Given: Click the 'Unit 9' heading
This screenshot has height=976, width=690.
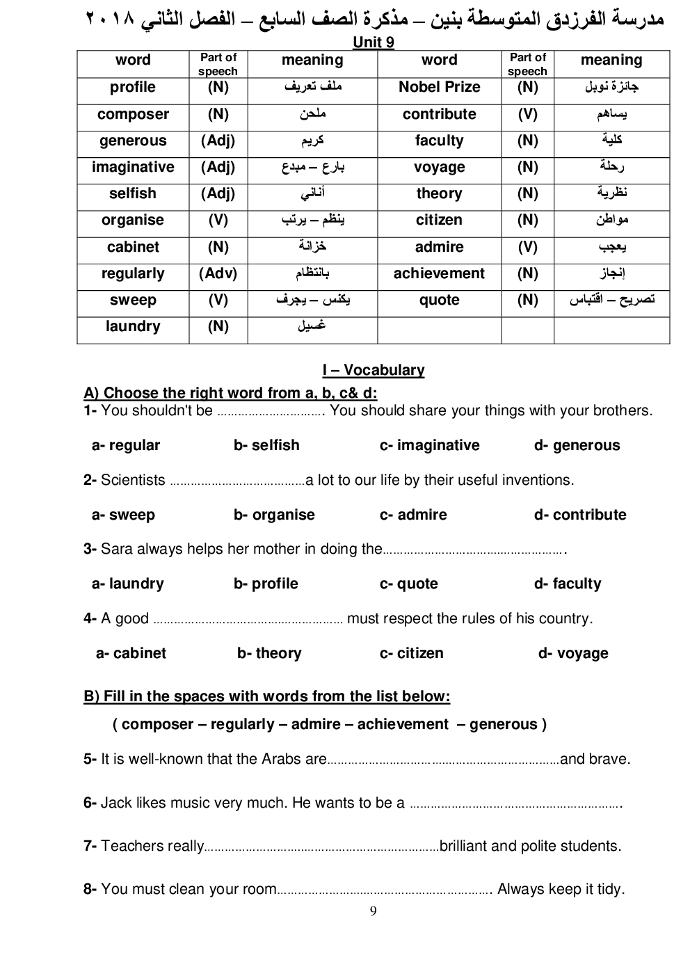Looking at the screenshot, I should point(374,42).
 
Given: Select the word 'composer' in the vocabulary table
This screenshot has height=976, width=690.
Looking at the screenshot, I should point(133,114).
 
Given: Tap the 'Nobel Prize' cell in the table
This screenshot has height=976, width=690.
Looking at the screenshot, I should point(439,87).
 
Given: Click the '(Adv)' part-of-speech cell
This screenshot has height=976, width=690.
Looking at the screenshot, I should point(218,273).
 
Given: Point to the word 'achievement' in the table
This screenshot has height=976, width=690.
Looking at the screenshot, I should point(439,273).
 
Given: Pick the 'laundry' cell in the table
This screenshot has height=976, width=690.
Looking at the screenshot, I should point(133,326).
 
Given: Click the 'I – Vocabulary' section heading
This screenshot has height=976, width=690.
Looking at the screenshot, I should point(374,370).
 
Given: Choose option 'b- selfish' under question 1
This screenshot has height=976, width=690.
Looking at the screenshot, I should point(266,445).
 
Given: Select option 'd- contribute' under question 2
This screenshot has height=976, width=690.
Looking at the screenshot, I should point(580,515).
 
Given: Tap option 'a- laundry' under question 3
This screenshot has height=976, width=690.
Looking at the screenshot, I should point(128,584).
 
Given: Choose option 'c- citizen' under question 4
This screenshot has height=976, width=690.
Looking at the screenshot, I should point(412,653).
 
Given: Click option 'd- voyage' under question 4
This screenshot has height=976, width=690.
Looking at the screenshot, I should point(573,653).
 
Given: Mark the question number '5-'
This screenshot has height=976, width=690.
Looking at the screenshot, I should point(90,759).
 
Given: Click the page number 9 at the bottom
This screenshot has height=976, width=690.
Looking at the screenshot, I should point(374,911).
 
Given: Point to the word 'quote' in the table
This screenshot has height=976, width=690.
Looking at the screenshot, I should point(439,300).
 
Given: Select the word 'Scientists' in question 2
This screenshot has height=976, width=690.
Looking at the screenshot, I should point(133,480).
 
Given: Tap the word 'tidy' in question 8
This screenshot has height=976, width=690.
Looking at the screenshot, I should point(611,889).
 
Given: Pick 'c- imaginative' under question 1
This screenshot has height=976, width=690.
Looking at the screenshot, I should point(430,445).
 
